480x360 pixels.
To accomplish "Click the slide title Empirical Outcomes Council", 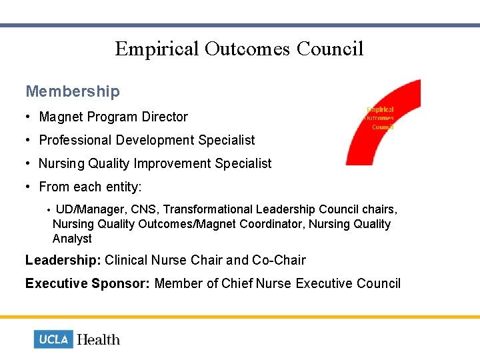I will pyautogui.click(x=239, y=49).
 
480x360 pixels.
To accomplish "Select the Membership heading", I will pyautogui.click(x=73, y=91).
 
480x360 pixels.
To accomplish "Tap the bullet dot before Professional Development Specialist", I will pyautogui.click(x=30, y=140).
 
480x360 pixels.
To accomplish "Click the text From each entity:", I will pyautogui.click(x=90, y=187).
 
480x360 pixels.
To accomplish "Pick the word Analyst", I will pyautogui.click(x=72, y=239).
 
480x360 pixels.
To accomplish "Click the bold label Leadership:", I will pyautogui.click(x=63, y=260).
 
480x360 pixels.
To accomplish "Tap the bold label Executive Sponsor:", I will pyautogui.click(x=87, y=283).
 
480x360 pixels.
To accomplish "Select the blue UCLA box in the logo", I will pyautogui.click(x=53, y=339).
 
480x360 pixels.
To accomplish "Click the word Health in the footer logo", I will pyautogui.click(x=99, y=339).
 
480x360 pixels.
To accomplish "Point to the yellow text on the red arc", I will pyautogui.click(x=379, y=118).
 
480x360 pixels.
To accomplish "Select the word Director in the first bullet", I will pyautogui.click(x=163, y=117).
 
